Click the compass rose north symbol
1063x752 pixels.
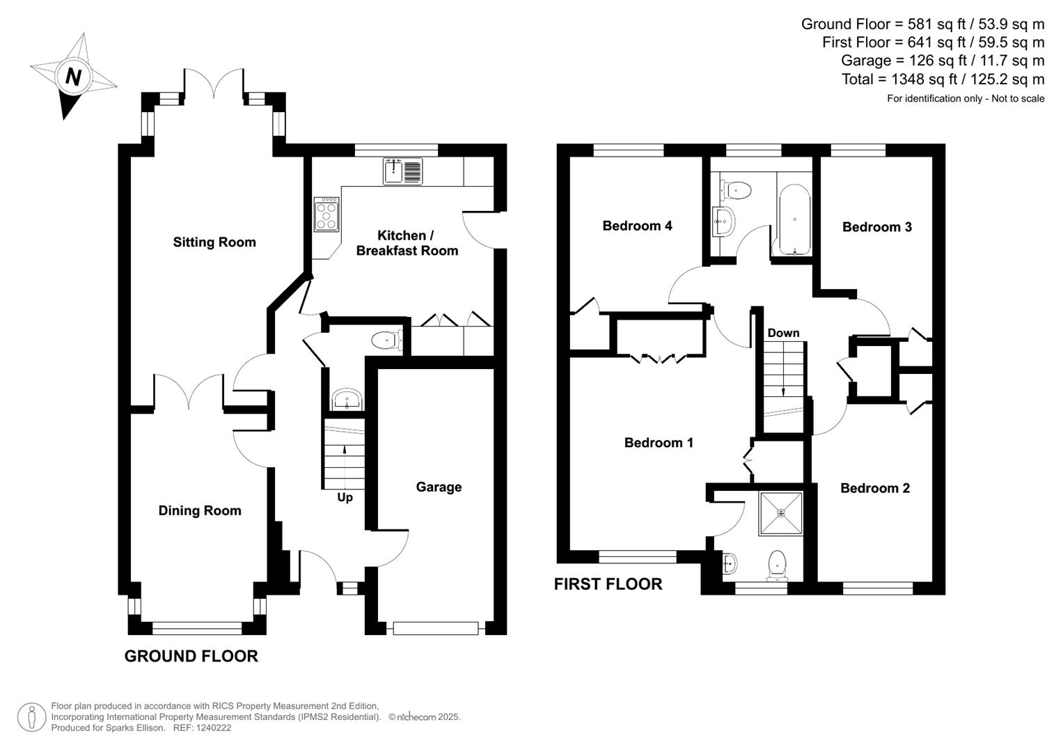[72, 76]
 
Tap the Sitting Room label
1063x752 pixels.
[214, 242]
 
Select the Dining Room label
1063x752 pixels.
[200, 510]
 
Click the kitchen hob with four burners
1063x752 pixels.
[326, 214]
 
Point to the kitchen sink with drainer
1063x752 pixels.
[402, 172]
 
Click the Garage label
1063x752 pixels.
[439, 487]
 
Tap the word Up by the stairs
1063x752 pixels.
[345, 497]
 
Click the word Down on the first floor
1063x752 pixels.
[783, 333]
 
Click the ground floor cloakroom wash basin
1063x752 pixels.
[346, 400]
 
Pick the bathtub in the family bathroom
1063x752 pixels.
[794, 219]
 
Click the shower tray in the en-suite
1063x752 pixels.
[780, 513]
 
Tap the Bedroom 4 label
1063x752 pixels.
[637, 226]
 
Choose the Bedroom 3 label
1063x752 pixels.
[876, 227]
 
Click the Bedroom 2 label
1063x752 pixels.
[874, 488]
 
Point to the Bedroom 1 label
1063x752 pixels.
[659, 443]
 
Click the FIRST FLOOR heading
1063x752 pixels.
[608, 584]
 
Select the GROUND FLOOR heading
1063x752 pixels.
[191, 656]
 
